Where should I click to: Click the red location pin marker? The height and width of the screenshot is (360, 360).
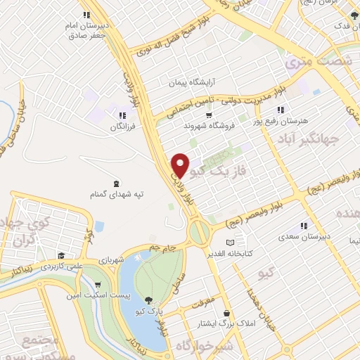point(181,165)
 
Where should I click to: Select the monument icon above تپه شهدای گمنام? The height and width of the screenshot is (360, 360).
point(115,181)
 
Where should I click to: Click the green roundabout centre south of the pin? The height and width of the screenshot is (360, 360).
point(199,230)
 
